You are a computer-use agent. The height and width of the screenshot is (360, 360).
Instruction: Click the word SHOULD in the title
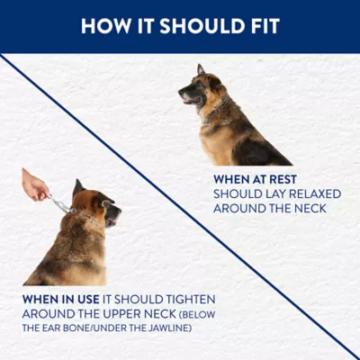[x=202, y=26]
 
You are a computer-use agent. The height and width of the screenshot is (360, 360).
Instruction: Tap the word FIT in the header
[x=265, y=26]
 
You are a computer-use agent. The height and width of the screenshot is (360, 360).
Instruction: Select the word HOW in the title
[x=106, y=26]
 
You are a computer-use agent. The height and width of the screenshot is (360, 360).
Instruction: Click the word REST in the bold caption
[x=283, y=179]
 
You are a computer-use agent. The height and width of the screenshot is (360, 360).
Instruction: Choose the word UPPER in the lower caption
[x=119, y=314]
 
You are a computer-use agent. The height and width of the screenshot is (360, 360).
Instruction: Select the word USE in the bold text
[x=88, y=299]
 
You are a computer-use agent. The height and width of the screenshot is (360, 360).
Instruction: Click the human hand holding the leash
[x=34, y=184]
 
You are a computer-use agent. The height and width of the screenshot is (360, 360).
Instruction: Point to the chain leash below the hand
[x=60, y=204]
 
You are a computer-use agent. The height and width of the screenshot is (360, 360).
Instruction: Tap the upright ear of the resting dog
[x=201, y=69]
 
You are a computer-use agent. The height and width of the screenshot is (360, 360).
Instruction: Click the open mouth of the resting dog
[x=191, y=100]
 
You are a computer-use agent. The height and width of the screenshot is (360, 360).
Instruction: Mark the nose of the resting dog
[x=180, y=92]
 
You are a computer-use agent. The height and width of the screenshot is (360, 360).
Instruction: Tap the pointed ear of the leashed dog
[x=78, y=187]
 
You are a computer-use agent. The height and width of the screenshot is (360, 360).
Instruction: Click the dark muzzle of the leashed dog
[x=113, y=214]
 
